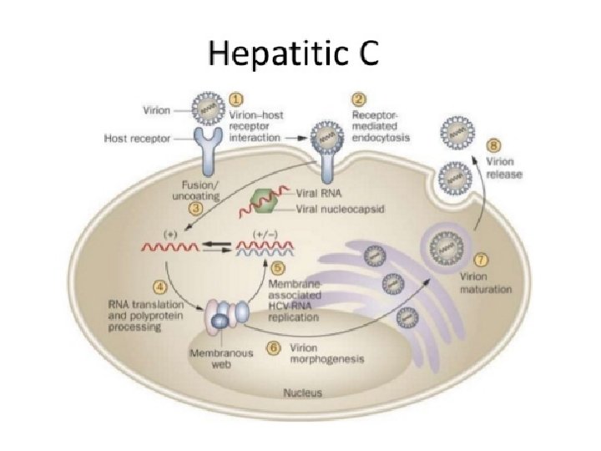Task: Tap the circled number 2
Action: coord(359,100)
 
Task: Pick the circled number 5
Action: coord(279,268)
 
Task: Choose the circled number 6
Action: coord(271,347)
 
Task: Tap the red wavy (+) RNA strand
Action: coord(171,247)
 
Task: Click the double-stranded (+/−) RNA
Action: coord(265,246)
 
